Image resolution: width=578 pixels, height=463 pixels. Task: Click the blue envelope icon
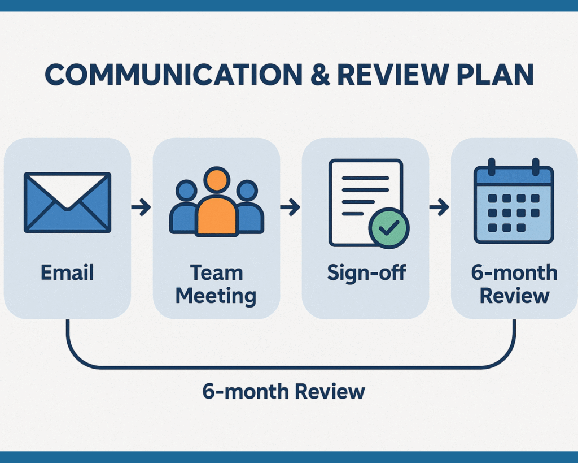(x=68, y=202)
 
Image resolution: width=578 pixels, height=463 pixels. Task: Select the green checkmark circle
(x=388, y=228)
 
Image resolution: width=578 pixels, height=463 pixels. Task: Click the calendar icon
(x=514, y=201)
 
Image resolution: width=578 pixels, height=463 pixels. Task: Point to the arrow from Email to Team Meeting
(x=141, y=207)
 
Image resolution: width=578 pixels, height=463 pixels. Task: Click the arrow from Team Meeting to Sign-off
(x=290, y=207)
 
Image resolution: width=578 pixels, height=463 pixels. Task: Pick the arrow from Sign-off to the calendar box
(x=439, y=207)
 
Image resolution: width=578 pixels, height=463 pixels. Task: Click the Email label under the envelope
(x=67, y=272)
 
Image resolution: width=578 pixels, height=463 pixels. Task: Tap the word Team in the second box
(x=217, y=272)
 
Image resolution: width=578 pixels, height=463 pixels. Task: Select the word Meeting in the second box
(x=216, y=296)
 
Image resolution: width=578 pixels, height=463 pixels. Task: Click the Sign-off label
(x=366, y=273)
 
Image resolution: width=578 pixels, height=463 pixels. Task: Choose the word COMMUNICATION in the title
(x=174, y=75)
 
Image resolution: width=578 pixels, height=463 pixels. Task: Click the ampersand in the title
(x=321, y=75)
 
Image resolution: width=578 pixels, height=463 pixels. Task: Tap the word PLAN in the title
(x=495, y=75)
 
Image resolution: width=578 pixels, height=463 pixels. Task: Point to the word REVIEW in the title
(x=393, y=75)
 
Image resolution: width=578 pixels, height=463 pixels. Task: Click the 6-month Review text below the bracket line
(x=283, y=391)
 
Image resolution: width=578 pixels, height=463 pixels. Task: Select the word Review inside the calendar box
(x=515, y=296)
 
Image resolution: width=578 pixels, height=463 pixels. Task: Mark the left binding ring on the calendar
(x=492, y=167)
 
